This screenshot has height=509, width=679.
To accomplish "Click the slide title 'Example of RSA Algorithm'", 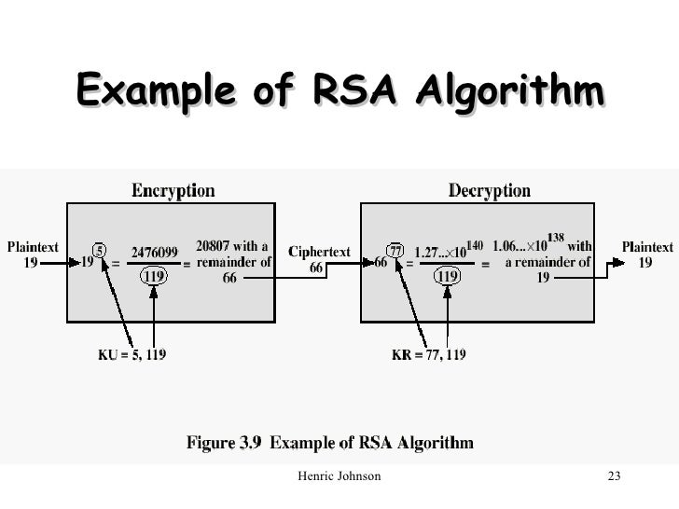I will pyautogui.click(x=339, y=93).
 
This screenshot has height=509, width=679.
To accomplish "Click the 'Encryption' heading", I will pyautogui.click(x=172, y=191).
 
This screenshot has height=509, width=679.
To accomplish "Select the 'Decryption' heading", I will pyautogui.click(x=490, y=191).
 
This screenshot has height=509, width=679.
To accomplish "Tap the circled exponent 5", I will pyautogui.click(x=101, y=250).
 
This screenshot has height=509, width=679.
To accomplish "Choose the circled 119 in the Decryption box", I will pyautogui.click(x=448, y=276).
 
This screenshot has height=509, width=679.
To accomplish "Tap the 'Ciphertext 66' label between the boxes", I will pyautogui.click(x=319, y=259).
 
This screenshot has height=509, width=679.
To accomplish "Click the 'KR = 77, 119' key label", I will pyautogui.click(x=430, y=354).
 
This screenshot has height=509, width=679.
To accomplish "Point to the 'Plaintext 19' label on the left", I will pyautogui.click(x=33, y=254).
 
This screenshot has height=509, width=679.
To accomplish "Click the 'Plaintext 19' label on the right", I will pyautogui.click(x=646, y=254).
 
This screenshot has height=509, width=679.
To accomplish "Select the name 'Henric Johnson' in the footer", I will pyautogui.click(x=337, y=478).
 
